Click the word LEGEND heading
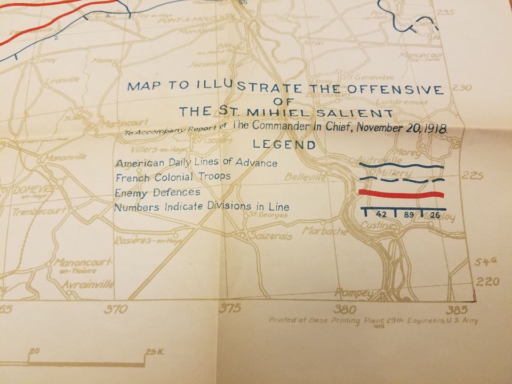coord(284,145)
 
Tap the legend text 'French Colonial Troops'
coord(173,176)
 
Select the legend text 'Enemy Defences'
coord(157,192)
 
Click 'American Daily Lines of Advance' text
coord(196,162)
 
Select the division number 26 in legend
coord(434,215)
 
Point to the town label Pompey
coord(354,293)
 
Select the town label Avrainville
coord(87,285)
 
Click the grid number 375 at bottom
coord(230,308)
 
